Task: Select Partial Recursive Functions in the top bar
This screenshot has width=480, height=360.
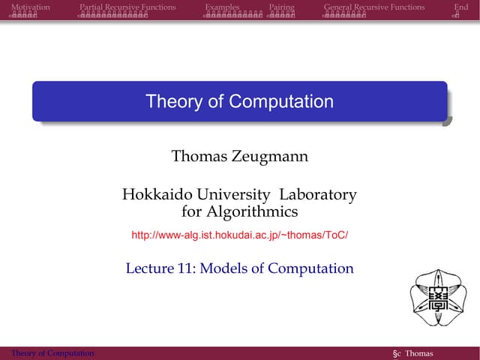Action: tap(127, 7)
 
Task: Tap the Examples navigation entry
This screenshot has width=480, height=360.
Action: tap(222, 7)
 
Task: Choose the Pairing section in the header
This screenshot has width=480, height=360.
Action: tap(281, 7)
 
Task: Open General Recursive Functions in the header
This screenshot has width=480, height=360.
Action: tap(374, 7)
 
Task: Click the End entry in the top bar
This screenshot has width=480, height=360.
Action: tap(461, 7)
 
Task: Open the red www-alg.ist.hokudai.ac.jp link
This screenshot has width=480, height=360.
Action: tap(240, 235)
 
